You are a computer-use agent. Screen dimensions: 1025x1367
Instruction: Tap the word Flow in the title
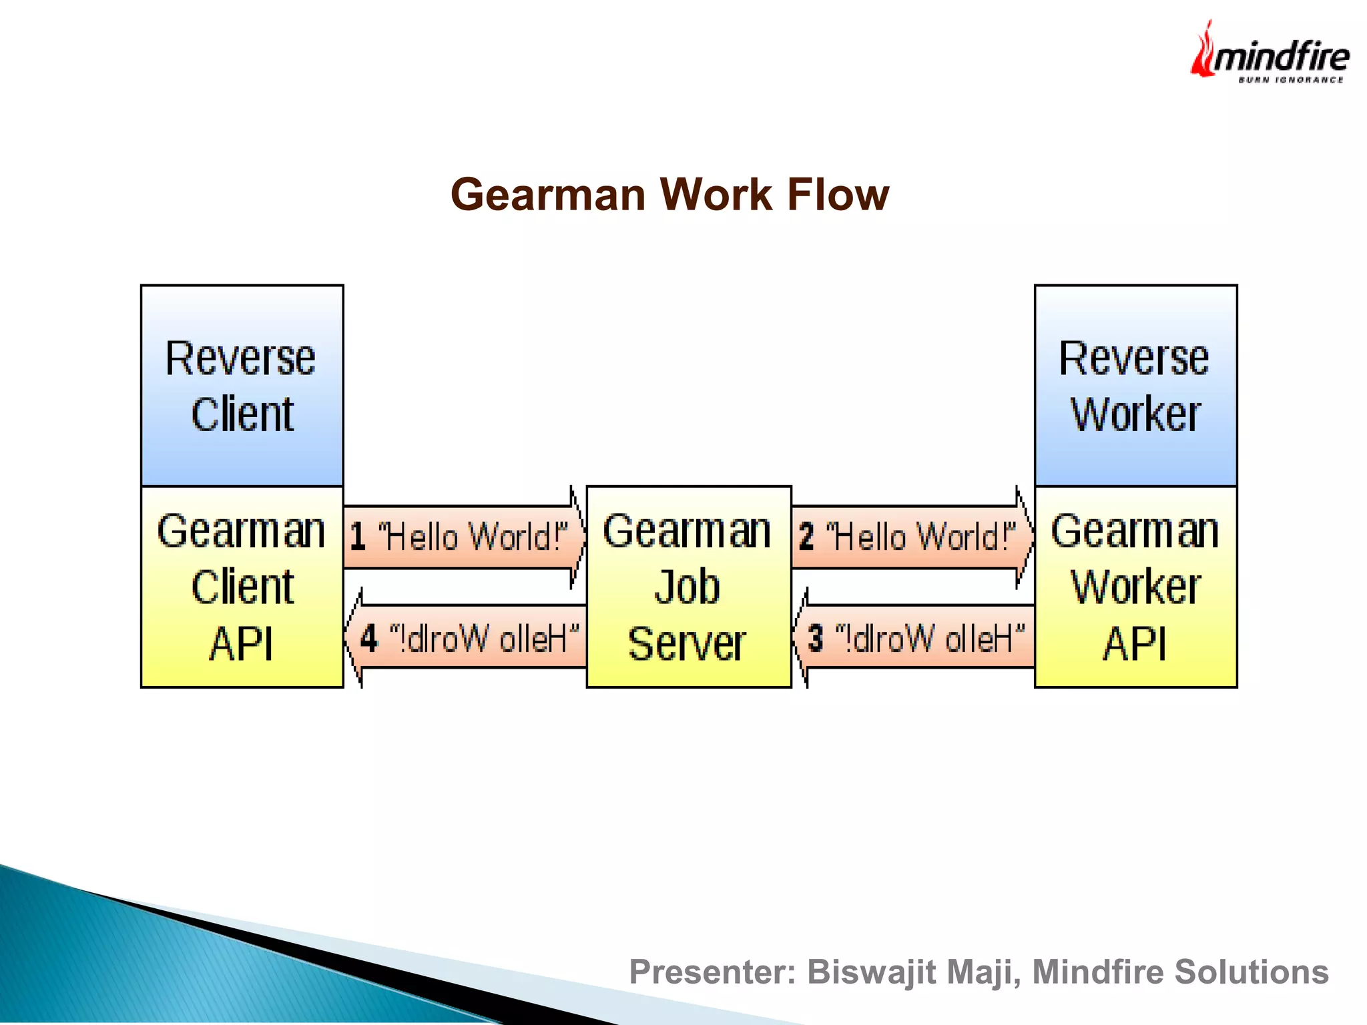pyautogui.click(x=838, y=195)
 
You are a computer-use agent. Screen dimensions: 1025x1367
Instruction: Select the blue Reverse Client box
pyautogui.click(x=242, y=386)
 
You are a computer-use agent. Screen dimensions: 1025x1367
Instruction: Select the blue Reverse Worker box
pyautogui.click(x=1135, y=386)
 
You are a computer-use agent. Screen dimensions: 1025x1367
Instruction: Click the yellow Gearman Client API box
pyautogui.click(x=242, y=587)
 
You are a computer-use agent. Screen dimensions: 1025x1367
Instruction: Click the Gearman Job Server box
pyautogui.click(x=688, y=587)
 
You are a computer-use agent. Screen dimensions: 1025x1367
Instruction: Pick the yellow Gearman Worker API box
pyautogui.click(x=1135, y=587)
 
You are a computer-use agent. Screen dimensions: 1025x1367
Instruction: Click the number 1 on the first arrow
pyautogui.click(x=358, y=537)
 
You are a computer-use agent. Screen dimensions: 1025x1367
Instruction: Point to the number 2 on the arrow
pyautogui.click(x=806, y=537)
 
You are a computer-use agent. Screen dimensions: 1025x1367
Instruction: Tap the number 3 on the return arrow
pyautogui.click(x=816, y=638)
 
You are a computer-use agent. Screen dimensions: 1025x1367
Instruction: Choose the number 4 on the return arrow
pyautogui.click(x=368, y=638)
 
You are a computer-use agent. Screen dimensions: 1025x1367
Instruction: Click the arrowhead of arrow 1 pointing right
pyautogui.click(x=578, y=537)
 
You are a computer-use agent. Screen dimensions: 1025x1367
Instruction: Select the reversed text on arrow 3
pyautogui.click(x=929, y=639)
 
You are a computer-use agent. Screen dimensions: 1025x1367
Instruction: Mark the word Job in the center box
pyautogui.click(x=688, y=587)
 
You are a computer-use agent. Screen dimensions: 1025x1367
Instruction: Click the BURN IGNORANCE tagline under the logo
pyautogui.click(x=1290, y=80)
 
